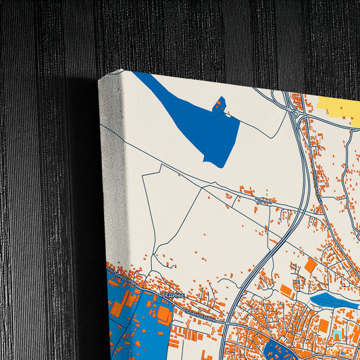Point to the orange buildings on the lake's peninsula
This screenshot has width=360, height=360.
219,104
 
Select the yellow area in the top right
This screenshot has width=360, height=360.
338,107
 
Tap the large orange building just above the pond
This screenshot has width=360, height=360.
311,265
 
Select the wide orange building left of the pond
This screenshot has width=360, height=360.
286,290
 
